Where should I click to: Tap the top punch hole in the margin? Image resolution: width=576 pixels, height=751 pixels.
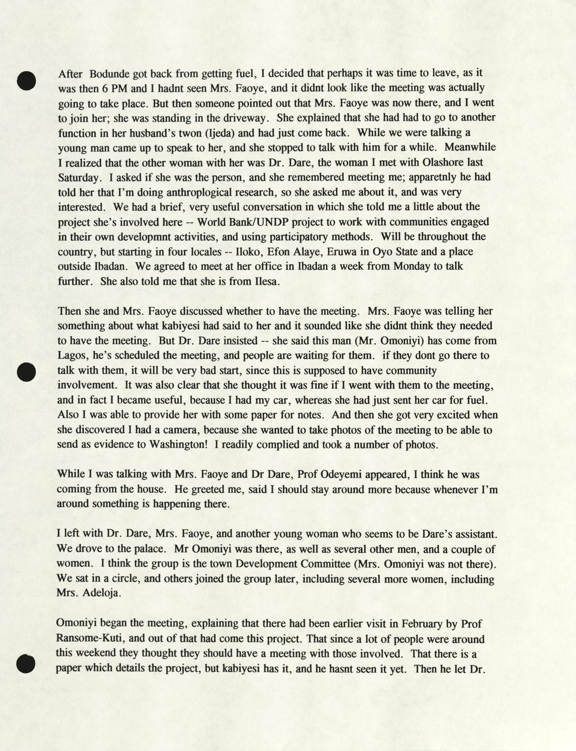point(26,80)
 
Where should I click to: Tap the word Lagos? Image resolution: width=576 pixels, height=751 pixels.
point(72,356)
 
